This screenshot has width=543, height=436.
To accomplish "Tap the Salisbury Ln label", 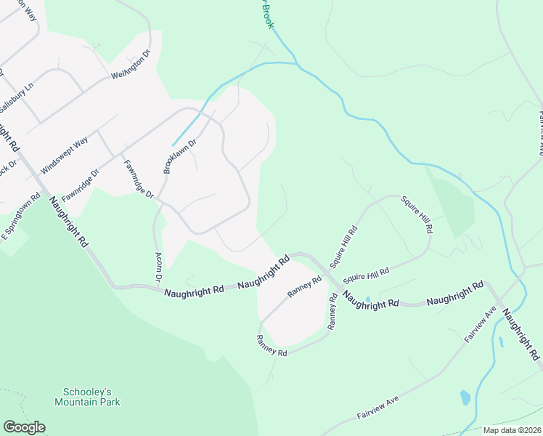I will click(17, 94).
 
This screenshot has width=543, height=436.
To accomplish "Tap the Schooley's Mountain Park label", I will click(87, 396).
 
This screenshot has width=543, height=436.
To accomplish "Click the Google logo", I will click(24, 427).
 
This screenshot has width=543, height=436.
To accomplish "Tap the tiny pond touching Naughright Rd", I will click(368, 299).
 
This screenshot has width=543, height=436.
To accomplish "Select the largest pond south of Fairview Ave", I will click(465, 397).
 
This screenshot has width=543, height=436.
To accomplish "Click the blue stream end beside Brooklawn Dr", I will click(173, 145).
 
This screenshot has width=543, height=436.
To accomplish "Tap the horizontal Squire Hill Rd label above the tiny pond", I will click(366, 275).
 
